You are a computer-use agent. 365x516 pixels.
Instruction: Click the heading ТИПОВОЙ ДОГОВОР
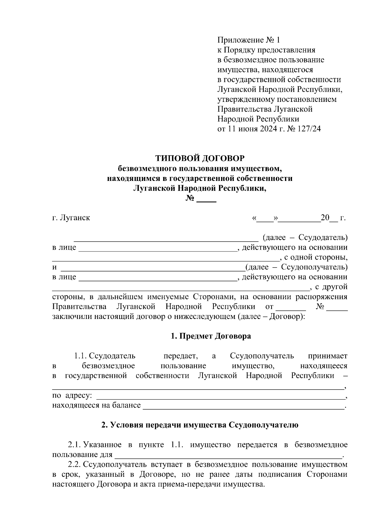(200, 158)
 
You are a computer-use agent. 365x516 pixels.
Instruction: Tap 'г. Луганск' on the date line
(71, 218)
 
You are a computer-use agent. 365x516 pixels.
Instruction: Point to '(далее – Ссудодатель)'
(305, 237)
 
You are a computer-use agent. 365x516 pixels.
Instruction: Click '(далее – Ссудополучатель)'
(297, 267)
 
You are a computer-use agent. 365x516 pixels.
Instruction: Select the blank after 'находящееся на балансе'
(243, 407)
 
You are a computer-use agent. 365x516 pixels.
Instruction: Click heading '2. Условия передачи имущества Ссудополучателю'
(200, 425)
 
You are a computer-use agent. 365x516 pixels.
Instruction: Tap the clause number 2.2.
(74, 465)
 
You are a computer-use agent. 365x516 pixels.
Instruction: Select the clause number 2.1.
(74, 445)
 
